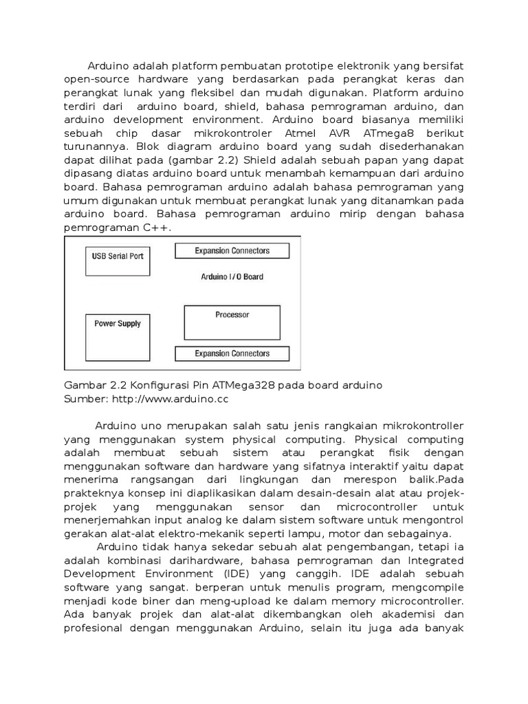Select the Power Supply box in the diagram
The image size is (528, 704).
[118, 332]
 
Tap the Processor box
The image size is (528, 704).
[232, 322]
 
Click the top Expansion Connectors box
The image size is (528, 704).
[232, 251]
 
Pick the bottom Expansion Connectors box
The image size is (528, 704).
[232, 354]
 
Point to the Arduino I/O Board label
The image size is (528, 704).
[232, 277]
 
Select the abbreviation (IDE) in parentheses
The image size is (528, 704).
[243, 573]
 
